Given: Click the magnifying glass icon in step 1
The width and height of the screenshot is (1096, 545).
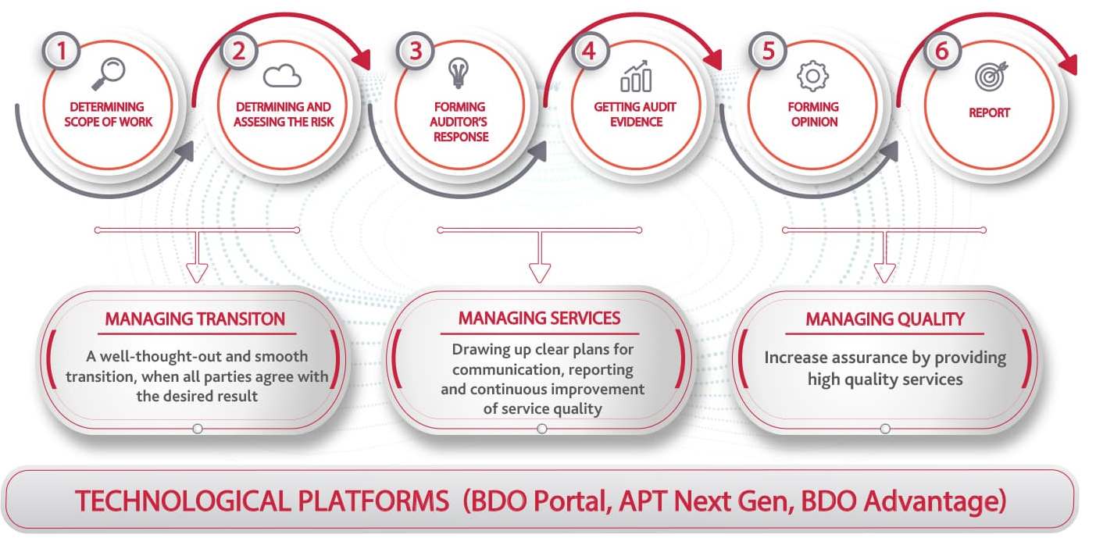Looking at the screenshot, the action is [108, 74].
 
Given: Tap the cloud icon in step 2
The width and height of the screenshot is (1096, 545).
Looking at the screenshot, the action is [282, 76].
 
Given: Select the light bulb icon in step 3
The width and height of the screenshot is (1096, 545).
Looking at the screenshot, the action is [459, 73].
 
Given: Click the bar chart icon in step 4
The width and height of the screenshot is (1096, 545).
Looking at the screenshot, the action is [636, 77].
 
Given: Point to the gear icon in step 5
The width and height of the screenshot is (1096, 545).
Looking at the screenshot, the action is [812, 76].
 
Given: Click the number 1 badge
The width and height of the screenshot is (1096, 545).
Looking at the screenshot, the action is [61, 51].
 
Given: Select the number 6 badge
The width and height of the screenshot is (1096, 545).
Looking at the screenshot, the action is [942, 51].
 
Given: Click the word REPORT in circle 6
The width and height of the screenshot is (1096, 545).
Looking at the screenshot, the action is [989, 113].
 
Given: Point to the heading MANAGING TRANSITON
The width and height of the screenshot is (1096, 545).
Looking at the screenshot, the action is [195, 319].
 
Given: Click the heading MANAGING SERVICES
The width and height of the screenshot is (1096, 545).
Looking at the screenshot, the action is [539, 318].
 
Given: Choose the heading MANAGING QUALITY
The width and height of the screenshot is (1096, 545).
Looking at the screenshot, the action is [884, 319].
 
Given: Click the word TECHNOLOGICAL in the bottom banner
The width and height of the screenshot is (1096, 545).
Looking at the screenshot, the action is [262, 501].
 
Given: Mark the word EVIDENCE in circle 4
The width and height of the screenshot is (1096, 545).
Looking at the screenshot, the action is [636, 122].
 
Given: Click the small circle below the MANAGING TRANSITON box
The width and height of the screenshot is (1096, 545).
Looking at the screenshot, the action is [198, 429].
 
